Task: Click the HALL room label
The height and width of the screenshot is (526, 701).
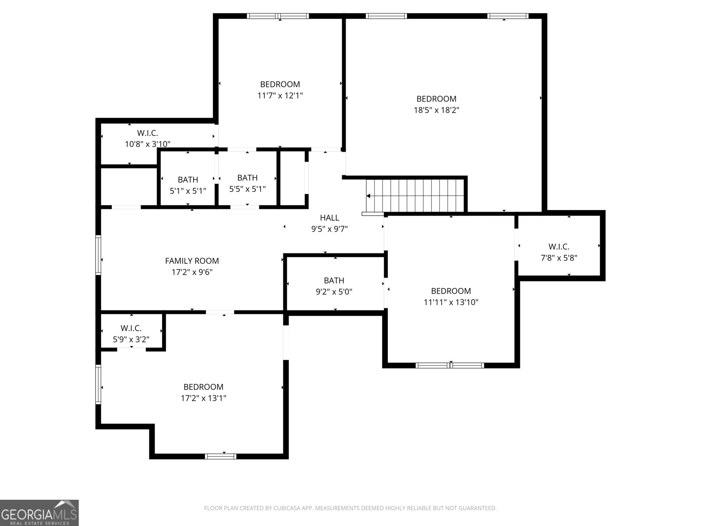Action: pos(329,218)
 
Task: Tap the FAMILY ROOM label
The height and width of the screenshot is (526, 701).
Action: pos(192,261)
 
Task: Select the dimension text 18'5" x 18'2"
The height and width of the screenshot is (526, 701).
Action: pos(436,110)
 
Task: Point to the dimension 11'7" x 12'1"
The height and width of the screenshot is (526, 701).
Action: pos(280,96)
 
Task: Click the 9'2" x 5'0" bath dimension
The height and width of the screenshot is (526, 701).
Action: pos(334,291)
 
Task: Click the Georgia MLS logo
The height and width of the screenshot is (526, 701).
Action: pos(39,513)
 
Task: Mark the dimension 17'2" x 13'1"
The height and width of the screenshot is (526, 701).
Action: pos(203,398)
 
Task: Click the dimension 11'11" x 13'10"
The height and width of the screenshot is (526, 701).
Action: pos(451,302)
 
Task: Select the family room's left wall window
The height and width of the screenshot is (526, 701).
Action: pos(99,255)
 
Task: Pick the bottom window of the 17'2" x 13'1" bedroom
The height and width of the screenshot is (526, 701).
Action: pos(221,456)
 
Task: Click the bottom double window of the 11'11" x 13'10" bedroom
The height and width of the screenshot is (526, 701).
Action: pos(450,366)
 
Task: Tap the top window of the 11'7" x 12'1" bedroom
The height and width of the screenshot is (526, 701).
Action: pos(278,16)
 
